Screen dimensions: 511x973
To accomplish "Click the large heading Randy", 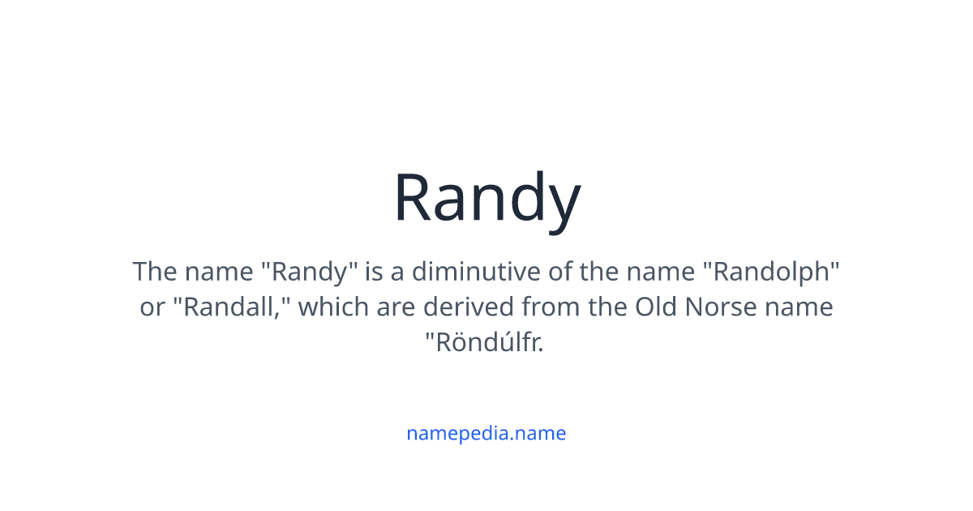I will tap(486, 199).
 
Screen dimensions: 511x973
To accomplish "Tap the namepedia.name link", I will tap(486, 433).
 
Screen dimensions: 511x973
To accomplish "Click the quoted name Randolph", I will tap(775, 271).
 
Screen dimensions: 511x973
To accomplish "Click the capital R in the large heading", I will tap(414, 199).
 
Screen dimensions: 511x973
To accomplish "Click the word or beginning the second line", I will tap(152, 307).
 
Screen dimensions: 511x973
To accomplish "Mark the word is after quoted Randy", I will tap(373, 271).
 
